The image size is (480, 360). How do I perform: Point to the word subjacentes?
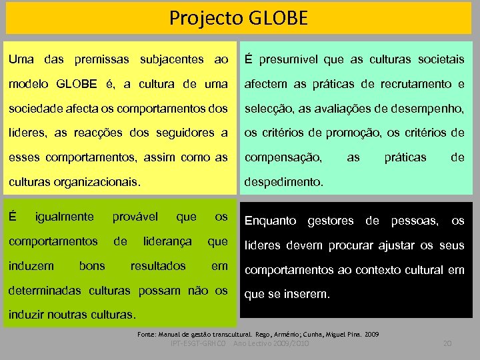point(172,60)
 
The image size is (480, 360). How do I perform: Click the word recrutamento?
point(415,84)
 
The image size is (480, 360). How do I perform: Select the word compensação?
point(283,157)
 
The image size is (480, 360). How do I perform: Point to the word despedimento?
point(284,181)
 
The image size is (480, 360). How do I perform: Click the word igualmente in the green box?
point(64,217)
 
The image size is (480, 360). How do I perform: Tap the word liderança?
point(167,241)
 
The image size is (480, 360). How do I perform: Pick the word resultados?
point(158,265)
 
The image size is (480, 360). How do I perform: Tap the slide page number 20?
point(447,343)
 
